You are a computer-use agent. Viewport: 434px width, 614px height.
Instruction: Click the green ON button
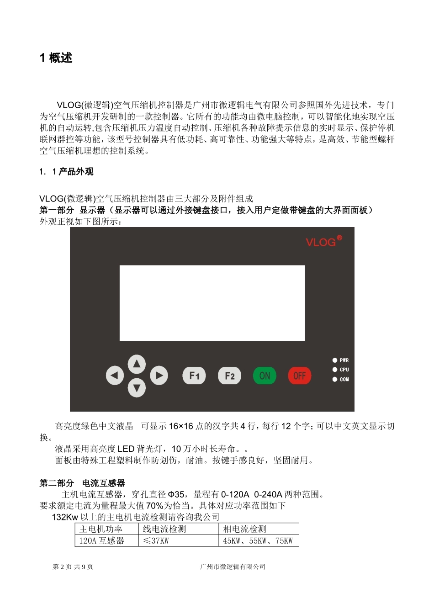coord(265,376)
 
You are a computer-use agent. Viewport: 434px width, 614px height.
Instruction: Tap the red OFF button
coord(299,376)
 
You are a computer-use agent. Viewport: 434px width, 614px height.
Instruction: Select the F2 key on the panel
coord(229,376)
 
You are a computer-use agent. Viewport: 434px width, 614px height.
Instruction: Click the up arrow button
coord(136,364)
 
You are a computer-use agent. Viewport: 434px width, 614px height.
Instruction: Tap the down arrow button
coord(136,388)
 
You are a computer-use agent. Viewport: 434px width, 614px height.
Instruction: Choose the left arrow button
coord(115,376)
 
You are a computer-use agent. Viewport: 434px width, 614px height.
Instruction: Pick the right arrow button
coord(159,376)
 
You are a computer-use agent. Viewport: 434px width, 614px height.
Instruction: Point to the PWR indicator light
coord(335,360)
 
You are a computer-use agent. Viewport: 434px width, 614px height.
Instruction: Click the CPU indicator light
coord(335,370)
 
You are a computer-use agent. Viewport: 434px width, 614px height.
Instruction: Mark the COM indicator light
coord(335,379)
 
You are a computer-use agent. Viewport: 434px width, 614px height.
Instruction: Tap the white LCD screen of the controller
coord(212,303)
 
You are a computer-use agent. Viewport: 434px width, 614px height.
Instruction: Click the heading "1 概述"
coord(56,58)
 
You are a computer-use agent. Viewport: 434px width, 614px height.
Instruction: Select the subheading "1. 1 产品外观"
coord(66,172)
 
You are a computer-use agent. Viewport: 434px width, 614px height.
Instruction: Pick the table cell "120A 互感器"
coord(102,541)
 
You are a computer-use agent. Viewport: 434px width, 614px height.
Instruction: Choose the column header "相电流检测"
coord(244,529)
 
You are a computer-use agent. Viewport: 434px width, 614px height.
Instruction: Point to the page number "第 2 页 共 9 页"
coord(73,566)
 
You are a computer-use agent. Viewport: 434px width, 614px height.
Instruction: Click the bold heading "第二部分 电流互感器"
coord(82,483)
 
